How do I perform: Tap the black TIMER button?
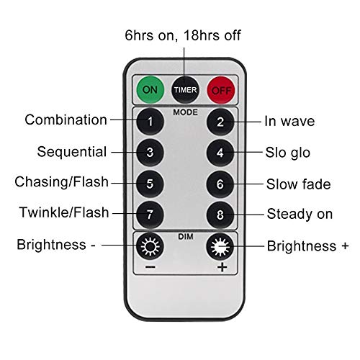pyautogui.click(x=185, y=90)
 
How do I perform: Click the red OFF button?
pyautogui.click(x=221, y=90)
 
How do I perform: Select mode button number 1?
pyautogui.click(x=150, y=122)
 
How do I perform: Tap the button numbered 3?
pyautogui.click(x=150, y=153)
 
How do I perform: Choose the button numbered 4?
pyautogui.click(x=220, y=153)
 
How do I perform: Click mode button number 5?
pyautogui.click(x=150, y=184)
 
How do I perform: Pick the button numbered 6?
pyautogui.click(x=220, y=184)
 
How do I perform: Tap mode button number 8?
pyautogui.click(x=220, y=215)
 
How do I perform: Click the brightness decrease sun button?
pyautogui.click(x=150, y=246)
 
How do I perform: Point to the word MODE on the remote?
pyautogui.click(x=185, y=112)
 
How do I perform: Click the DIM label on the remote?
pyautogui.click(x=186, y=237)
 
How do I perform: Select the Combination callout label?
pyautogui.click(x=66, y=120)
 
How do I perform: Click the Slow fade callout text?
pyautogui.click(x=298, y=184)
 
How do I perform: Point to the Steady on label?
pyautogui.click(x=300, y=214)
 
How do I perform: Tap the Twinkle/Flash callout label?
pyautogui.click(x=64, y=212)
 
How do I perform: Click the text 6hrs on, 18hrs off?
pyautogui.click(x=183, y=35)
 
